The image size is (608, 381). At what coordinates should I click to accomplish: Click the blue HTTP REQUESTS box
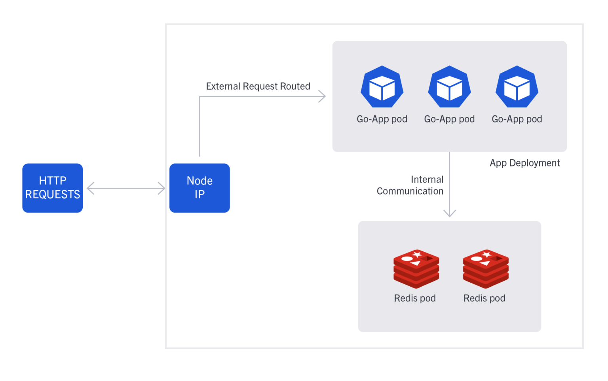tap(52, 188)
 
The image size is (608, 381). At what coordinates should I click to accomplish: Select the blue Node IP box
tap(199, 188)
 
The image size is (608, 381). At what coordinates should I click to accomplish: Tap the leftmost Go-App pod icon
tap(382, 87)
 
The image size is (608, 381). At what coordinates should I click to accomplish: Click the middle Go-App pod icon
tap(449, 87)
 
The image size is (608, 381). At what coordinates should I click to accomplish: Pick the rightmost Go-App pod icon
tap(517, 87)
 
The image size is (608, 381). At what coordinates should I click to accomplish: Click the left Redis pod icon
tap(416, 269)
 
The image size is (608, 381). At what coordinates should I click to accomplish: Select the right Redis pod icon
tap(486, 269)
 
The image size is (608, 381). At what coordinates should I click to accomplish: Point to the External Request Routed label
tap(258, 86)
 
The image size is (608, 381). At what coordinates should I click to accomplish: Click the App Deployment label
tap(524, 163)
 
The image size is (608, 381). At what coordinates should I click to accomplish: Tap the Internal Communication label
tap(410, 185)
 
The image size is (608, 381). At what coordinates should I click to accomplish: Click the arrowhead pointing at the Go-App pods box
tap(323, 96)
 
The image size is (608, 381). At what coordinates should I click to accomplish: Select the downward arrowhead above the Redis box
tap(449, 214)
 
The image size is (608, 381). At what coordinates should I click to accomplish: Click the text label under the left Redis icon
tap(414, 298)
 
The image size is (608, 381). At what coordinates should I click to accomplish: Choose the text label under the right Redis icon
tap(484, 298)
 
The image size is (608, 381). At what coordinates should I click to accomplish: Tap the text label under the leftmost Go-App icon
tap(382, 119)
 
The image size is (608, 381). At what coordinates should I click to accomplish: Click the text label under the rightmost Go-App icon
tap(517, 119)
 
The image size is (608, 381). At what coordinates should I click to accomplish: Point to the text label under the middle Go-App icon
tap(449, 119)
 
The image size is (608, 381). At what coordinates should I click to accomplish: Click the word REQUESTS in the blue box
tap(52, 195)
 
